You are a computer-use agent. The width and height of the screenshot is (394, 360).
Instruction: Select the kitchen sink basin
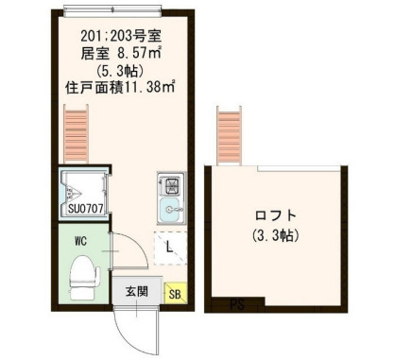[x=168, y=210]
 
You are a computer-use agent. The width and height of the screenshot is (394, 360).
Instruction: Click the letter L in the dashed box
[x=168, y=248]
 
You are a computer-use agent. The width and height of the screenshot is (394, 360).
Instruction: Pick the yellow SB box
[x=175, y=293]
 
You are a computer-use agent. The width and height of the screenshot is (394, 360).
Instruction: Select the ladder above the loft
[x=229, y=137]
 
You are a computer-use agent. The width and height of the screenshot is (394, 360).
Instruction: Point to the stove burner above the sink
[x=168, y=182]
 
